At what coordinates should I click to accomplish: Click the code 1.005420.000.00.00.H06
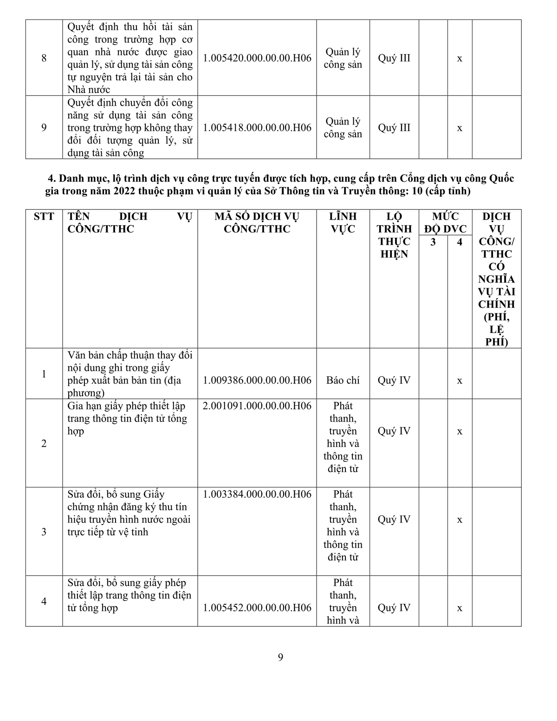[x=257, y=58]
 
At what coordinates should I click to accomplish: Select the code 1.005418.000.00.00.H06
[x=257, y=128]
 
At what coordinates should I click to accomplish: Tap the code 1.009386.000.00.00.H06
[x=257, y=380]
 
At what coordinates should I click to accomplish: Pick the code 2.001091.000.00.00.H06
[x=257, y=406]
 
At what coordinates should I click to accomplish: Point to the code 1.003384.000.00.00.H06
[x=257, y=494]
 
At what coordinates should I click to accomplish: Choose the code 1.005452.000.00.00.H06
[x=257, y=608]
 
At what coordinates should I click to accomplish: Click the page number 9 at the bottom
[x=280, y=657]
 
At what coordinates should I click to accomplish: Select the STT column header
[x=44, y=216]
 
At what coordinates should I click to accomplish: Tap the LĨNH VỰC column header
[x=343, y=222]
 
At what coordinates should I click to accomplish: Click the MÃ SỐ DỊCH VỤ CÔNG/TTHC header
[x=257, y=222]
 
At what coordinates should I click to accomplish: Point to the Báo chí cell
[x=343, y=380]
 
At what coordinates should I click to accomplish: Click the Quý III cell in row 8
[x=394, y=58]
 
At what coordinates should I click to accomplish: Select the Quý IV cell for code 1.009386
[x=394, y=380]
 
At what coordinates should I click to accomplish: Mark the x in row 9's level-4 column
[x=460, y=128]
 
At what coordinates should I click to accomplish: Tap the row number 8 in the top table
[x=44, y=58]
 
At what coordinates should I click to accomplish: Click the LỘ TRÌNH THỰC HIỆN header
[x=394, y=235]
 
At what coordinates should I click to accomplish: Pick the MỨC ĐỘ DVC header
[x=445, y=222]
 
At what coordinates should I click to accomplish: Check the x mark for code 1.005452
[x=460, y=608]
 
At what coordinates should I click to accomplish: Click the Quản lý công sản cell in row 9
[x=343, y=128]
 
